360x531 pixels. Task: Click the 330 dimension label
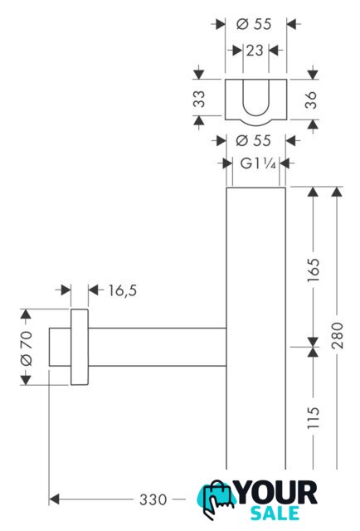tap(153, 499)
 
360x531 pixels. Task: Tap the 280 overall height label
tap(338, 335)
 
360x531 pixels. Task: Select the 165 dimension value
tap(314, 270)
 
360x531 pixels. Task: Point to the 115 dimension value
tap(314, 418)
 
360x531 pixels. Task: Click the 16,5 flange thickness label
tap(123, 290)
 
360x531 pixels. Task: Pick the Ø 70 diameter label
tap(27, 348)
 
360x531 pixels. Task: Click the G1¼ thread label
tap(258, 164)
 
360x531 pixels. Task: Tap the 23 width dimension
tap(255, 51)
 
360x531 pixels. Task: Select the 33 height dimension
tap(199, 99)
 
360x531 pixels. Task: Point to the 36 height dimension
tap(311, 100)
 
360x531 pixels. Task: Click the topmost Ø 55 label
tap(254, 24)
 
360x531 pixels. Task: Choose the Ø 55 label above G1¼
tap(253, 140)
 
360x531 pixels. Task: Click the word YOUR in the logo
tap(277, 493)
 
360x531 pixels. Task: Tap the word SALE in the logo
tap(275, 513)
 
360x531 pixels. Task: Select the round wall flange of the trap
tap(80, 347)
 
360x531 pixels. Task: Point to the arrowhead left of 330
tap(54, 499)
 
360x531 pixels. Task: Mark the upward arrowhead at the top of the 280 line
tap(337, 192)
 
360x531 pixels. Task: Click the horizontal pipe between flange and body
tap(157, 347)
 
